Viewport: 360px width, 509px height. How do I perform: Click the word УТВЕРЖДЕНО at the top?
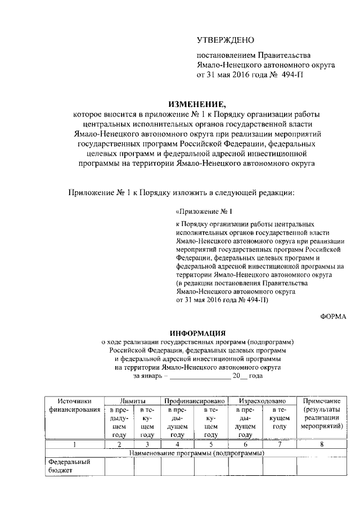pos(226,40)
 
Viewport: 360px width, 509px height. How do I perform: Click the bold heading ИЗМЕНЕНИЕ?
pos(196,103)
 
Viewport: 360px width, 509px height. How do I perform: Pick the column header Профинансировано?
pos(195,400)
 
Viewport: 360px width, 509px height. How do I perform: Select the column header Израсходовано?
pos(262,400)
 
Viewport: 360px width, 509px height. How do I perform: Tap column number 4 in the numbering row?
pos(177,444)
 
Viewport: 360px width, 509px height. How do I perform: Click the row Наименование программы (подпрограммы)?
pos(196,453)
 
